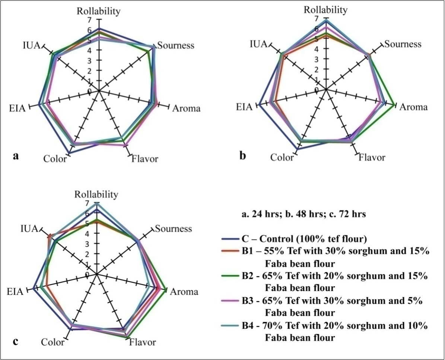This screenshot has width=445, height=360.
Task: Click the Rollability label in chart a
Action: tap(99, 11)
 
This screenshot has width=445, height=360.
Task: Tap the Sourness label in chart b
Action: tap(403, 44)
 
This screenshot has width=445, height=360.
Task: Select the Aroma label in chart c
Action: tap(184, 292)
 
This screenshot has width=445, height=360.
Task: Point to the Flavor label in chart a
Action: tap(144, 159)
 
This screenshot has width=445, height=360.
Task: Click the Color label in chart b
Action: tap(282, 157)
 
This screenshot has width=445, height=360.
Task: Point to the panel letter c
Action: tap(15, 340)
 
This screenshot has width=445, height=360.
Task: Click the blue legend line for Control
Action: tap(228, 239)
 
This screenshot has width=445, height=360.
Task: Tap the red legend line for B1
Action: tap(228, 251)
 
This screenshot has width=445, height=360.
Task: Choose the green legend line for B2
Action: tap(228, 276)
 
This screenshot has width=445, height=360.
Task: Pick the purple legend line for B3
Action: tap(228, 301)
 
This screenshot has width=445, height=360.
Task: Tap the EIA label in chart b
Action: tap(245, 107)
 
